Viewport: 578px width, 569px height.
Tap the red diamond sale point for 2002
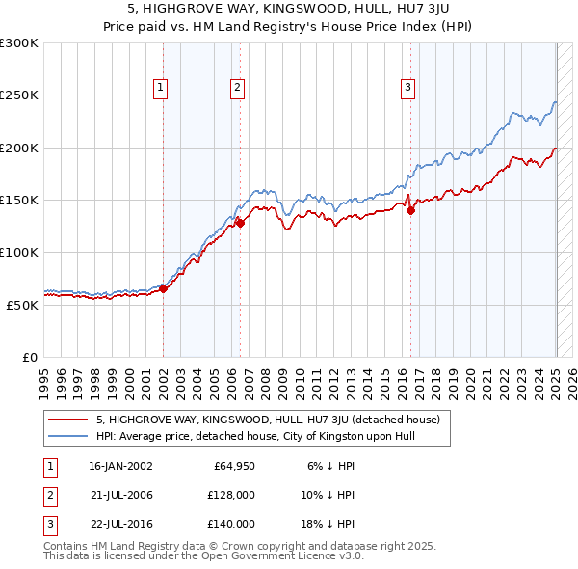point(164,287)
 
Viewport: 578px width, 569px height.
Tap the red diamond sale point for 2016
point(410,210)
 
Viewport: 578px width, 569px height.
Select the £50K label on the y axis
point(22,305)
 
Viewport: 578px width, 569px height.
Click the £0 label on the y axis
point(29,357)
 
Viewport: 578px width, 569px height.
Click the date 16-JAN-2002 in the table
point(120,465)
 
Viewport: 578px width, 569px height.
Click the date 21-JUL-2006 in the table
point(120,495)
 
